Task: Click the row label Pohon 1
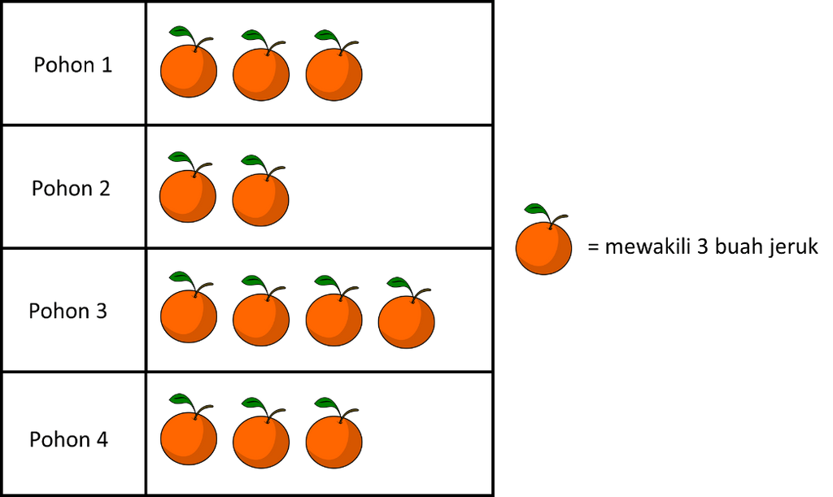(x=73, y=65)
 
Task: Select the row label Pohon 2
(x=71, y=188)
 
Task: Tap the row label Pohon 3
(x=68, y=311)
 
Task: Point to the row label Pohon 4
(x=69, y=439)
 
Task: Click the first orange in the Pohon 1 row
(x=188, y=72)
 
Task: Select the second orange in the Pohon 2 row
(x=260, y=198)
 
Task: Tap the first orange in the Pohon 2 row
(x=188, y=195)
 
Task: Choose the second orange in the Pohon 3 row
(x=260, y=319)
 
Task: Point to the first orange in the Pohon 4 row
(x=188, y=439)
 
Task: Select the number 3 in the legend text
(x=700, y=247)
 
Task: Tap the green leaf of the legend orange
(x=534, y=209)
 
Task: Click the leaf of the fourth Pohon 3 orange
(x=399, y=283)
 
